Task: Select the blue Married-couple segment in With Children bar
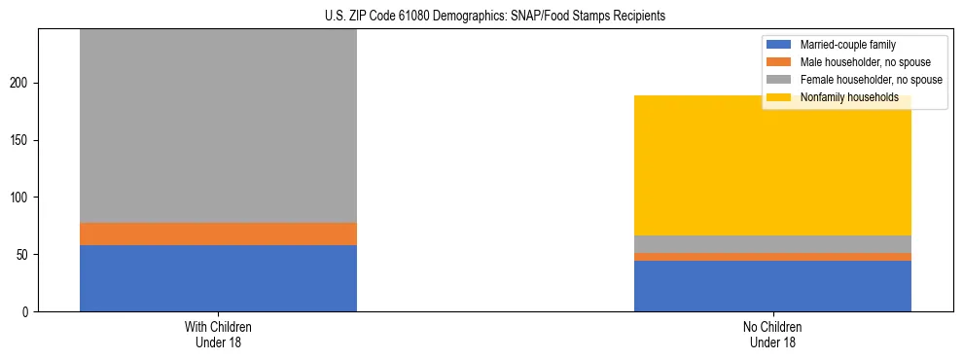point(218,278)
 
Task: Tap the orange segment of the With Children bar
point(218,234)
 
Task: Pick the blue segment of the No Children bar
point(772,286)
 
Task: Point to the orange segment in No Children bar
point(772,257)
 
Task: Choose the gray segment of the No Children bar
point(772,244)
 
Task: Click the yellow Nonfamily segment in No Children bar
point(772,165)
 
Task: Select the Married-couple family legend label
point(847,45)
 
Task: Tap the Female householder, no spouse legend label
point(871,80)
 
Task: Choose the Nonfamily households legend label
point(849,97)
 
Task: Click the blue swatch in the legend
point(779,45)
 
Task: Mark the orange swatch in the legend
point(779,62)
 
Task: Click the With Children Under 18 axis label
point(218,335)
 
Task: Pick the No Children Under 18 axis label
point(772,335)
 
